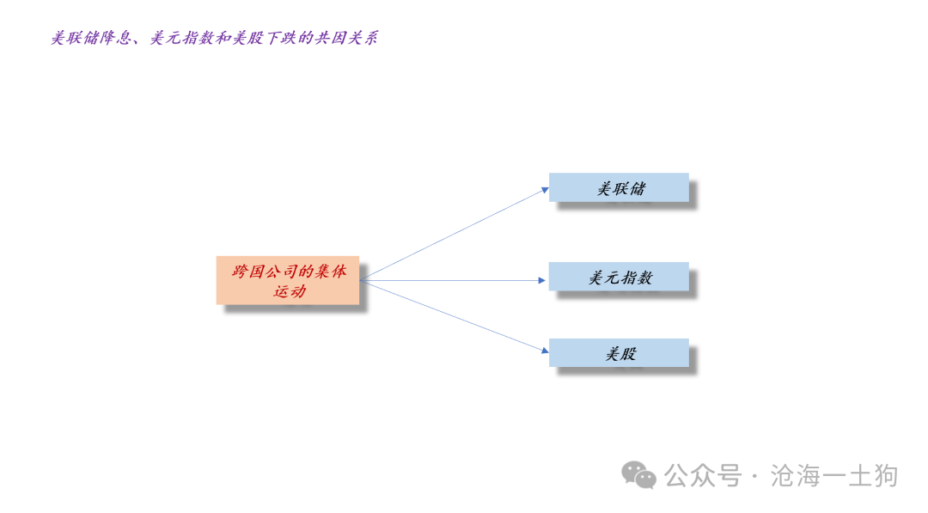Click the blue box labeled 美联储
coord(619,187)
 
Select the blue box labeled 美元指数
coord(619,277)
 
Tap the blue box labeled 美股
coord(619,352)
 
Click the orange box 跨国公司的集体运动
coord(288,280)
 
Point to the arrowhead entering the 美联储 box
coord(545,190)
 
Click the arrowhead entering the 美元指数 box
coord(542,280)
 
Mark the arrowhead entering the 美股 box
coord(545,351)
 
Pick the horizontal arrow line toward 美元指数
coord(453,280)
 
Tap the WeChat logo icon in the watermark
coord(638,476)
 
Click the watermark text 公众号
coord(703,476)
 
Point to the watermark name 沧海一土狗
coord(834,476)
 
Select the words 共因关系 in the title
coord(346,39)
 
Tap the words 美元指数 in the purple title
coord(181,39)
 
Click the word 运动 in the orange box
coord(290,291)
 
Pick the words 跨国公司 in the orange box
coord(265,272)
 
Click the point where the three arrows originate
coord(360,280)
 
